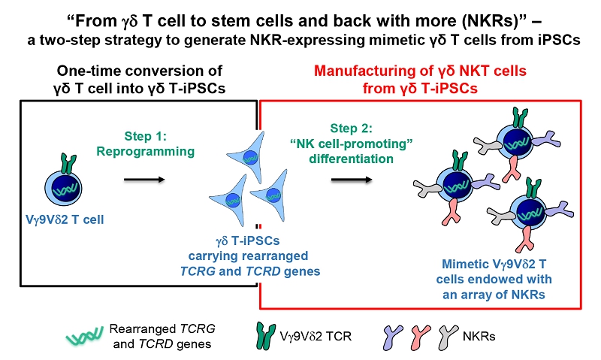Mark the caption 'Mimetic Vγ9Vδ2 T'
pos(490,262)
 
